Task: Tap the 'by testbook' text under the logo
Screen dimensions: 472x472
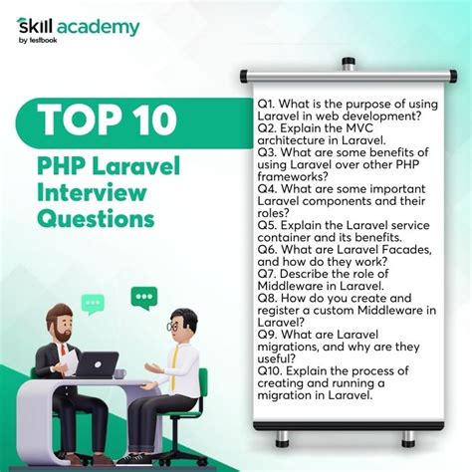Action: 38,41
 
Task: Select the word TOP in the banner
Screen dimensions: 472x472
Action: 79,120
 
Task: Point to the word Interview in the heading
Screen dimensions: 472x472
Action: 92,192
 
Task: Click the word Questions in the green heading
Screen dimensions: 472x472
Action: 96,219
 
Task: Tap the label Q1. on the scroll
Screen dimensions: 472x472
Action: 267,104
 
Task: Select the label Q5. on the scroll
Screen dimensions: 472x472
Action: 268,225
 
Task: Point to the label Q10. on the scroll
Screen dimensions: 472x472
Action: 270,370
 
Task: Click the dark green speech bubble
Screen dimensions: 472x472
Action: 144,298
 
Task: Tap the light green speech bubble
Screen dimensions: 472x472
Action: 93,304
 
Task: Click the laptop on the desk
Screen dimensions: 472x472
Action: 98,364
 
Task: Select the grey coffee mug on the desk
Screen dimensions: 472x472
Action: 119,374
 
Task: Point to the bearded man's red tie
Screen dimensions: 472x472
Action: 62,350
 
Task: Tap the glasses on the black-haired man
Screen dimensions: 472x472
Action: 172,327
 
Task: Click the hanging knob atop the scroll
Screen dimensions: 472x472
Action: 348,64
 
